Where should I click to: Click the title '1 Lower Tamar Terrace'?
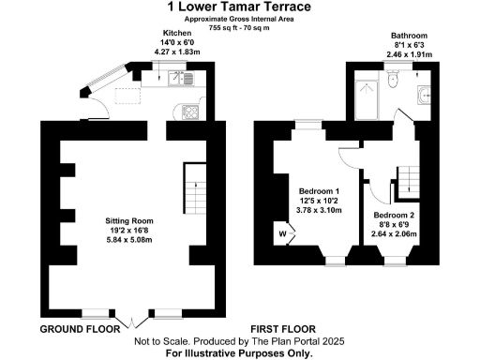coord(239,7)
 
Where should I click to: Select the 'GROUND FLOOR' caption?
coord(80,330)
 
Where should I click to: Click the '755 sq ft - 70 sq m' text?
coord(239,27)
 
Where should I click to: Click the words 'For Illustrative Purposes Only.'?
coord(239,353)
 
